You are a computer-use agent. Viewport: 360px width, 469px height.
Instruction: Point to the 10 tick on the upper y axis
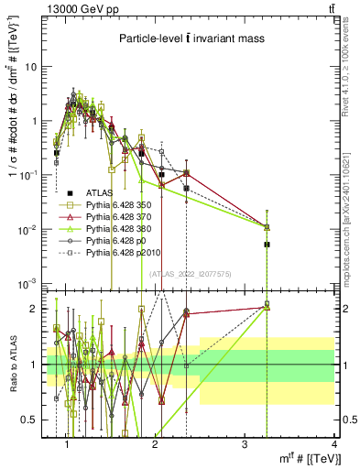click(x=31, y=67)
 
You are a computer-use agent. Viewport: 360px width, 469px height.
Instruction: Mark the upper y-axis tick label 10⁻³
click(x=29, y=282)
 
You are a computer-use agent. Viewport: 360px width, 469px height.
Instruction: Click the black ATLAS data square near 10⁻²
click(x=267, y=245)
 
